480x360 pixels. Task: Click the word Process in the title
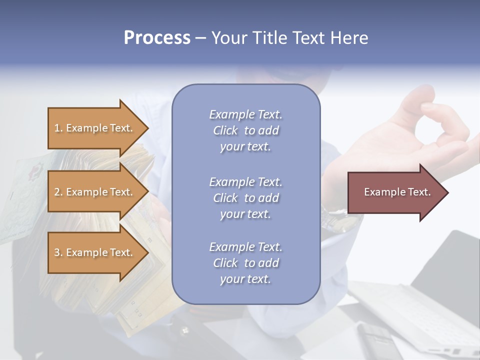pyautogui.click(x=157, y=38)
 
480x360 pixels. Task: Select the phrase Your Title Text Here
pyautogui.click(x=289, y=38)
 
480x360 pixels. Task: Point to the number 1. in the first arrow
pyautogui.click(x=58, y=128)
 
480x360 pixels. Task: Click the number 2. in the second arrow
pyautogui.click(x=58, y=192)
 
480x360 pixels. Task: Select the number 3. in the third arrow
pyautogui.click(x=58, y=252)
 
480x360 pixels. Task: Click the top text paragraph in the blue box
pyautogui.click(x=245, y=130)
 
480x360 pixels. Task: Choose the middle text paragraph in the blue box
pyautogui.click(x=245, y=198)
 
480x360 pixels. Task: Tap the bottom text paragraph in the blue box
pyautogui.click(x=245, y=263)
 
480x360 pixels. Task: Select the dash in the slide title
pyautogui.click(x=200, y=38)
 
